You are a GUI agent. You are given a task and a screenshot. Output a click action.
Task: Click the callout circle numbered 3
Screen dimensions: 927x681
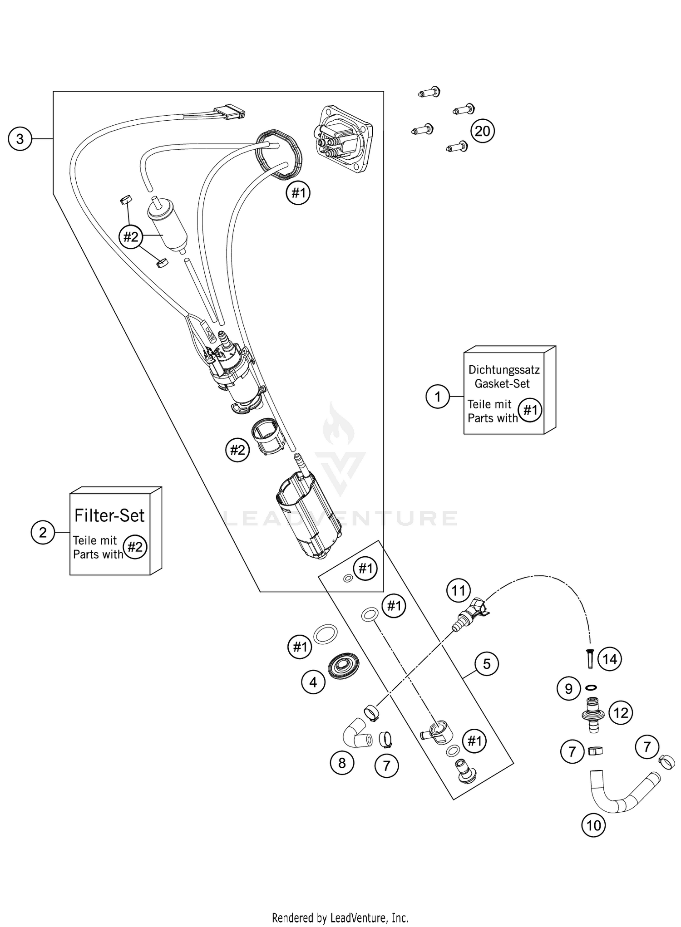[x=20, y=138]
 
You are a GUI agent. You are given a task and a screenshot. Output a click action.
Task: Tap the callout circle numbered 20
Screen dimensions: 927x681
[x=482, y=131]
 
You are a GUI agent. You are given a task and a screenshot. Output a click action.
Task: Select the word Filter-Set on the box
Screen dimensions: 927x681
[x=109, y=515]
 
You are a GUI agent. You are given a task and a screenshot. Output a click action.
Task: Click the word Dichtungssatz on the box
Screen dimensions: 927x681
[x=504, y=370]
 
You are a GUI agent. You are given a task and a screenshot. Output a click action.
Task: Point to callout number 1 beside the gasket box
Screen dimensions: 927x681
[x=437, y=397]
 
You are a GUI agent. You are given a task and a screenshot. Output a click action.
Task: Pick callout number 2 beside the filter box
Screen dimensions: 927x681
[x=43, y=532]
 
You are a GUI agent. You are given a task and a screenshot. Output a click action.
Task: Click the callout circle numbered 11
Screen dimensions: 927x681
[x=459, y=590]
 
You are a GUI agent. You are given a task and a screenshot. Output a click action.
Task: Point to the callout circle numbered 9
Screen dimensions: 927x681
[x=569, y=689]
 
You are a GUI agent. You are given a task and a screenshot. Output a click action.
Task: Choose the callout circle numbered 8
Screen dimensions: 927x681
[x=342, y=763]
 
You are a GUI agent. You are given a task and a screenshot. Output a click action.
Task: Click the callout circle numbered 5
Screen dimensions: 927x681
[x=487, y=664]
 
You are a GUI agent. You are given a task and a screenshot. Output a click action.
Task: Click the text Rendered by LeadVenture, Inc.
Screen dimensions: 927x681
[x=340, y=918]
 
